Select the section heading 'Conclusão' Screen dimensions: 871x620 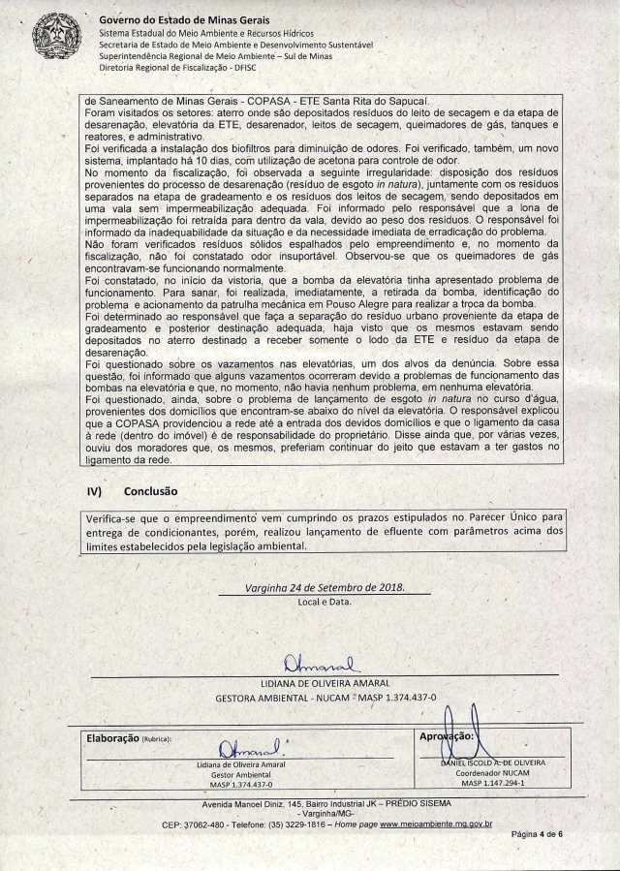(x=150, y=491)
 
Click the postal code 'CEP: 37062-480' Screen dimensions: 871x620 (x=190, y=824)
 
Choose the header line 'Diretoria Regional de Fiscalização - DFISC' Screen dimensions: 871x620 (x=178, y=71)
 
